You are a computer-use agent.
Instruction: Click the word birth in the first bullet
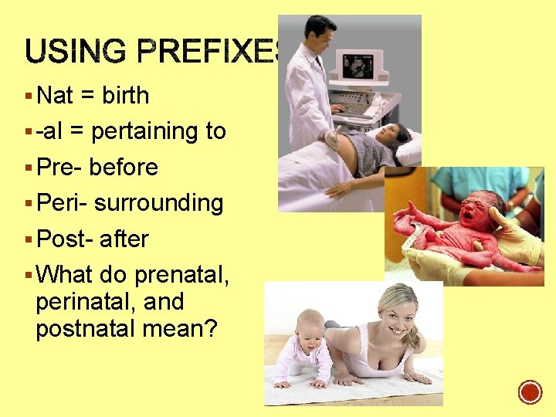126,96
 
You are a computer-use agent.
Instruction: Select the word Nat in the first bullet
55,96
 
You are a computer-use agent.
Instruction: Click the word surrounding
159,204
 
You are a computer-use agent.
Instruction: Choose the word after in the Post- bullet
124,239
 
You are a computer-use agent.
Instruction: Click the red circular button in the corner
530,392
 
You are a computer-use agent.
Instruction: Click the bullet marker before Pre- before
29,168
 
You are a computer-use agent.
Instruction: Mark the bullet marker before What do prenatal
29,275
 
